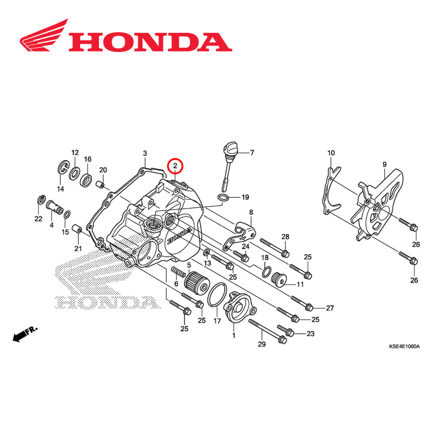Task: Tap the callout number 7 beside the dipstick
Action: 252,152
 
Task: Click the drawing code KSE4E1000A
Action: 404,347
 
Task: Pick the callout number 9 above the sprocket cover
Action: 384,164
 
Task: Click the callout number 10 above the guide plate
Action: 331,153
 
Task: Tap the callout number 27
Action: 330,308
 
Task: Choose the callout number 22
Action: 39,219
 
